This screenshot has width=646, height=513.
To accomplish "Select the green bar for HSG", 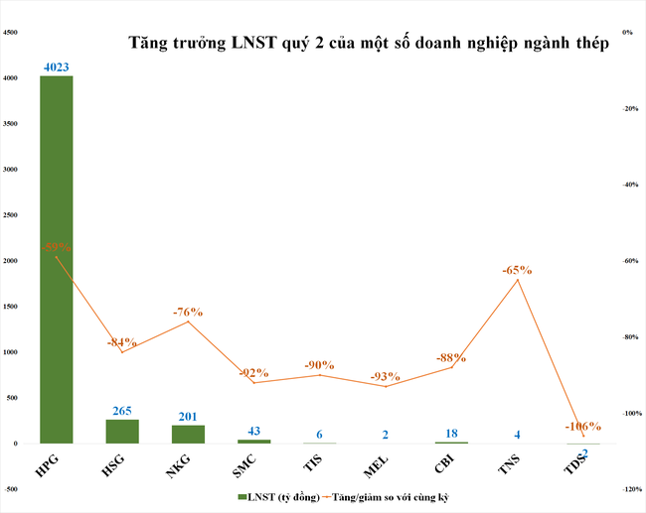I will click(x=122, y=432).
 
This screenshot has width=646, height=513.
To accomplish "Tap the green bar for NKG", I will click(x=188, y=435).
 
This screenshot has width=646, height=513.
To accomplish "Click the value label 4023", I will click(x=56, y=67).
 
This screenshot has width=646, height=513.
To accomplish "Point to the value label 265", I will click(x=122, y=411).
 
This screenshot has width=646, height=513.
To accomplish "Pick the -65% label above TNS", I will click(x=518, y=269).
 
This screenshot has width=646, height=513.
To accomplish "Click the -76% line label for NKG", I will click(x=188, y=312).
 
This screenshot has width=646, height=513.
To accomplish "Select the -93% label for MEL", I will click(x=385, y=376).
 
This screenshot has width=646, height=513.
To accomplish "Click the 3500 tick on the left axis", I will click(x=13, y=124).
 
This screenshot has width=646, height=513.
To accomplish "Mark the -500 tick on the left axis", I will click(x=13, y=489).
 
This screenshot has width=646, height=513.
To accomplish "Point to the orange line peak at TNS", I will click(x=518, y=280).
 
